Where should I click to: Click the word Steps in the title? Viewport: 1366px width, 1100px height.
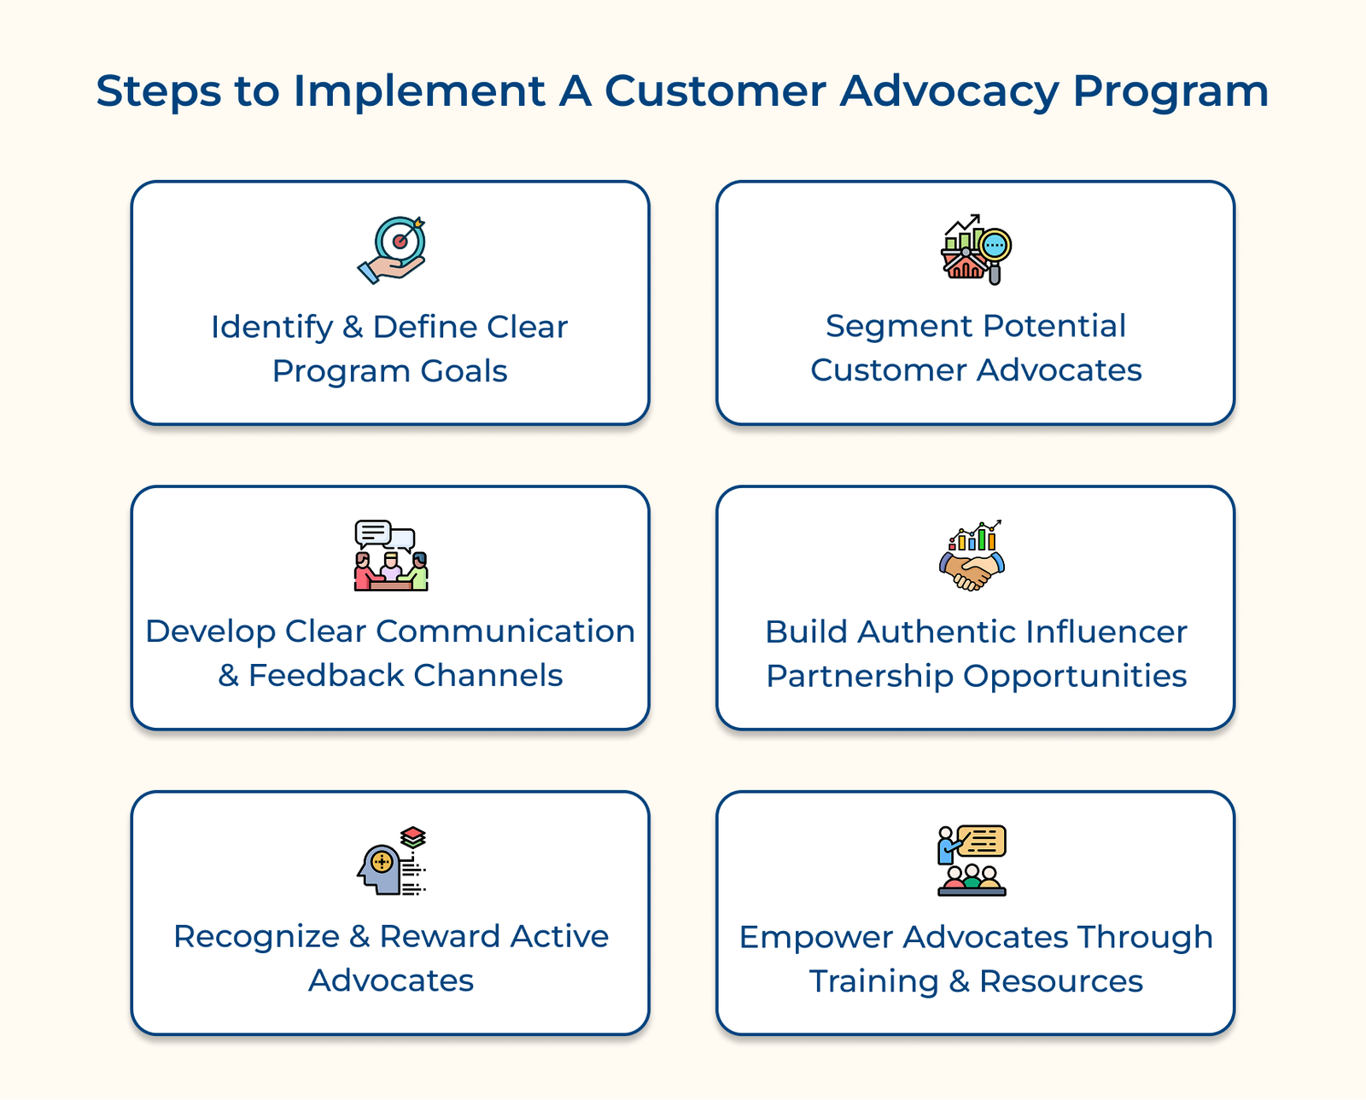pos(159,92)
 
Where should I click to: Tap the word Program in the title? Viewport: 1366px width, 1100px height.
pos(1170,92)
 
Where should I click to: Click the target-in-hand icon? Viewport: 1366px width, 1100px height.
pos(392,249)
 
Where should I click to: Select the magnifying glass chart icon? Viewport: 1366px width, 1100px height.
pos(976,249)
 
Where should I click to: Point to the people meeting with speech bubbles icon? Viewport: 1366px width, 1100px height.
pos(391,556)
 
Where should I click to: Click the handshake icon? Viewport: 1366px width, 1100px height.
pos(973,556)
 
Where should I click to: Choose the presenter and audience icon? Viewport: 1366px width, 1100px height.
pos(972,860)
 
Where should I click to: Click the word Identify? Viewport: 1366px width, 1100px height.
pos(271,328)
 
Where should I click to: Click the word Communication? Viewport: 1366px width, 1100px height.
pos(505,631)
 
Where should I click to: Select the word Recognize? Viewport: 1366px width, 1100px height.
pos(256,937)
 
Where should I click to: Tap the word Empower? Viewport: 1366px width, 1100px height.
pos(815,938)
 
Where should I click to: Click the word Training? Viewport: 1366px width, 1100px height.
pos(873,982)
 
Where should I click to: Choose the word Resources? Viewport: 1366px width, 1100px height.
pos(1060,982)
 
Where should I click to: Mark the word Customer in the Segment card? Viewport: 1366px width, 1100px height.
pos(888,371)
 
